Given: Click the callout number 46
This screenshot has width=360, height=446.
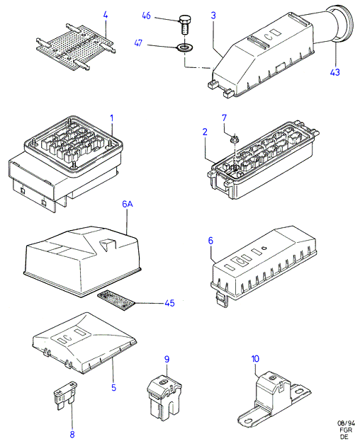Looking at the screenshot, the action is click(x=147, y=16).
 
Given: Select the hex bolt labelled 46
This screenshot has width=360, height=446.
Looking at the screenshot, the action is click(x=184, y=25).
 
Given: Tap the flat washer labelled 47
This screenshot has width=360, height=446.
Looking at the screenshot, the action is click(x=185, y=47).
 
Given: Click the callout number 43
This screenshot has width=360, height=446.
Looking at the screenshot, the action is click(x=335, y=72).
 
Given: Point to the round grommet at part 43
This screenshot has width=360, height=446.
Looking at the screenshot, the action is click(x=343, y=24).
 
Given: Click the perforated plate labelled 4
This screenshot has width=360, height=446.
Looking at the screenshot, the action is click(x=76, y=46).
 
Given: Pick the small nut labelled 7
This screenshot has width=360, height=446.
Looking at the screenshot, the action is click(x=235, y=139).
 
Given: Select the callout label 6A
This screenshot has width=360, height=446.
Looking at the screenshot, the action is click(x=128, y=204).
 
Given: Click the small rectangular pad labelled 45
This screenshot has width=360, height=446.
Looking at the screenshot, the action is click(x=116, y=300).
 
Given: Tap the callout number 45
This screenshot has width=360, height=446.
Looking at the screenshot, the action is click(x=169, y=303).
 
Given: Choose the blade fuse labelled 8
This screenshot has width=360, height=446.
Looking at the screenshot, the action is click(x=65, y=396).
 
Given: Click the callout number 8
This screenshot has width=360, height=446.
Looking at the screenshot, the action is click(x=72, y=435).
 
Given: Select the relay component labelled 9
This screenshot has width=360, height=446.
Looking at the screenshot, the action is click(x=164, y=397).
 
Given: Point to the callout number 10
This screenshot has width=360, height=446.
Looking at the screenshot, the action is click(x=255, y=359).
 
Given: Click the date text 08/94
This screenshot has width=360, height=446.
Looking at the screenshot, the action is click(x=346, y=423).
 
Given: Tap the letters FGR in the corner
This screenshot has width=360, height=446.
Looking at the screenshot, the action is click(x=346, y=430).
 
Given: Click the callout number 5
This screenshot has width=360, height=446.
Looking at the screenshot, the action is click(x=113, y=387).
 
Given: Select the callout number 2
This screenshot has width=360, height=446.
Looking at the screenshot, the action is click(x=205, y=132).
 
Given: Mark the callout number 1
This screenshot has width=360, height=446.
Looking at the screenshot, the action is click(x=112, y=118).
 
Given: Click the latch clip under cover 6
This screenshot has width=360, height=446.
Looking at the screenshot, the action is click(x=222, y=299).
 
